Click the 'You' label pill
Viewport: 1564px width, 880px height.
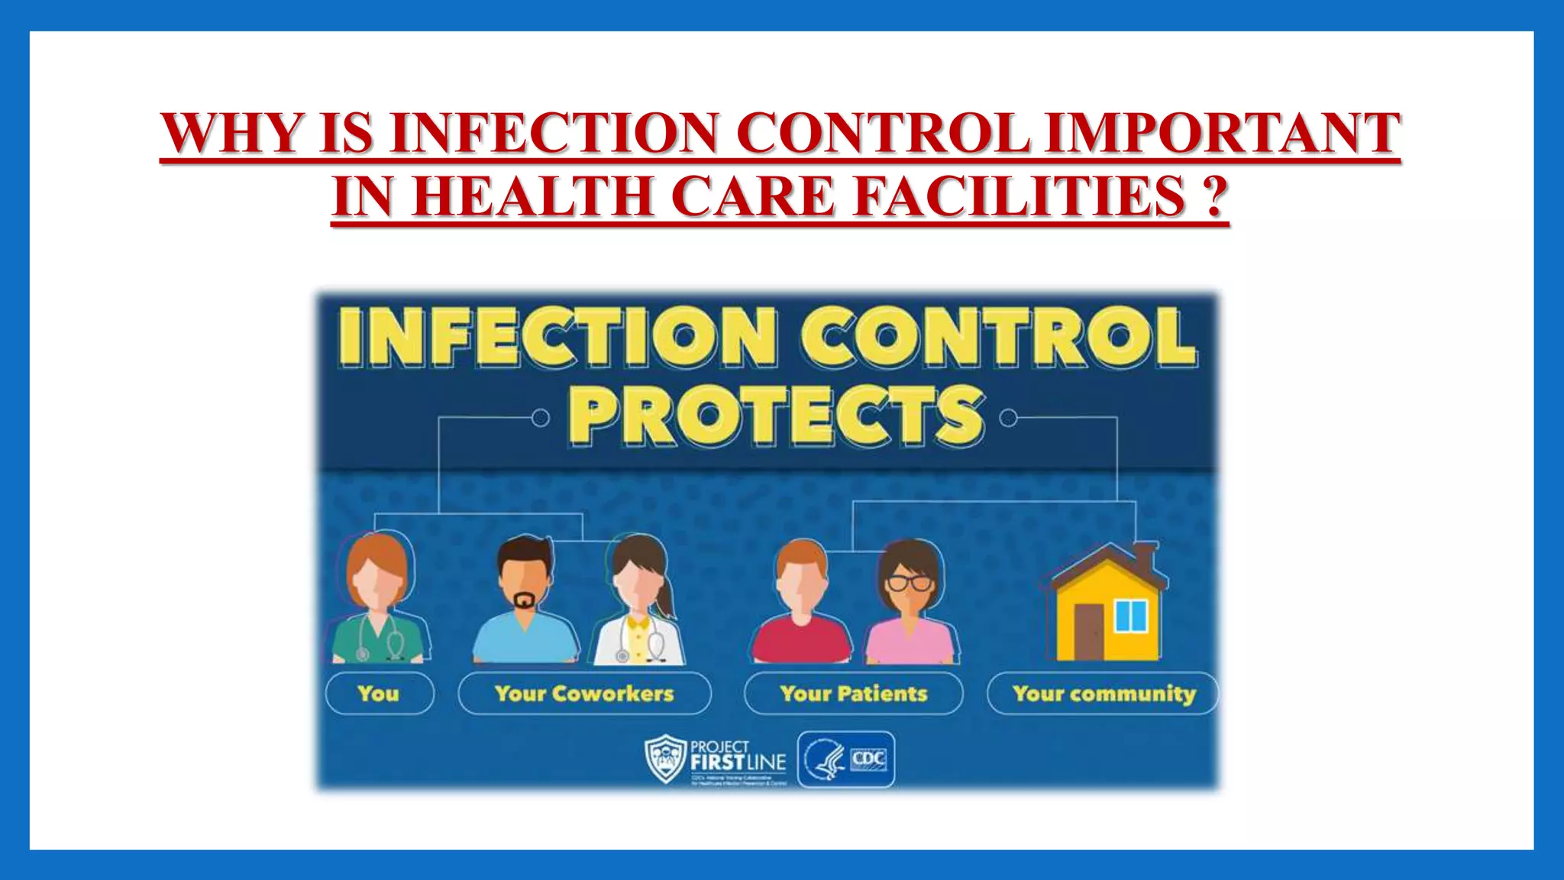pyautogui.click(x=379, y=694)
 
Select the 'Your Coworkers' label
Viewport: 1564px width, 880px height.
pyautogui.click(x=584, y=694)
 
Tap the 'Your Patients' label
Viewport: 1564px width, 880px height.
pyautogui.click(x=853, y=694)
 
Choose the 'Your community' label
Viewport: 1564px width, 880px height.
pyautogui.click(x=1104, y=694)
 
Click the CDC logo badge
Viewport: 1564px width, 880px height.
pyautogui.click(x=846, y=759)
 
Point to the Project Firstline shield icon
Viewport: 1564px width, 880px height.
pyautogui.click(x=664, y=759)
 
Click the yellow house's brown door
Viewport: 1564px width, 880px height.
pyautogui.click(x=1088, y=631)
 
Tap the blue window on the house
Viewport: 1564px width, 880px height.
pyautogui.click(x=1131, y=616)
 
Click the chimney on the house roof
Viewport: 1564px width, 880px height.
pyautogui.click(x=1144, y=555)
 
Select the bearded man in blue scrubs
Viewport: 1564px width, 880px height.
pyautogui.click(x=525, y=603)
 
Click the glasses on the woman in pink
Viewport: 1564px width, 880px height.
pyautogui.click(x=909, y=583)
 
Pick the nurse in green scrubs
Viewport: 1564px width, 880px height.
pyautogui.click(x=376, y=603)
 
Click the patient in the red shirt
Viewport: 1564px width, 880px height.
pyautogui.click(x=800, y=607)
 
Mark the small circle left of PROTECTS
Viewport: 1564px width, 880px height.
pyautogui.click(x=540, y=418)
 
